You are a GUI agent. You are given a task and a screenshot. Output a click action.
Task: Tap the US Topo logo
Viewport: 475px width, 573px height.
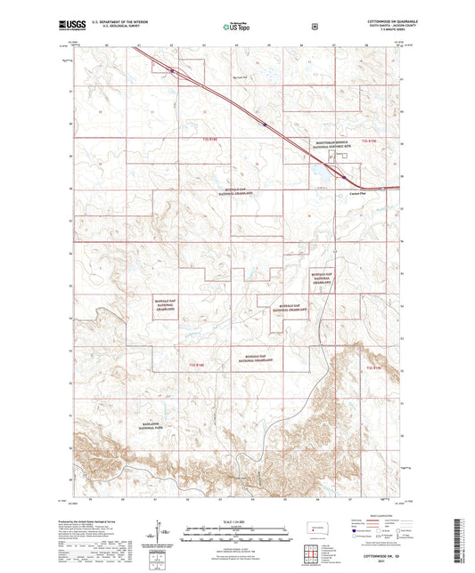(x=234, y=27)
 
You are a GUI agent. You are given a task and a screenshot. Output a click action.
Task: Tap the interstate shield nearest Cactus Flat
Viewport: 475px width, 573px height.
(x=344, y=176)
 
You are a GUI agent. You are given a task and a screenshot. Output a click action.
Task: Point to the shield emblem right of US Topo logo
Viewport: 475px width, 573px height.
(x=315, y=26)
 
